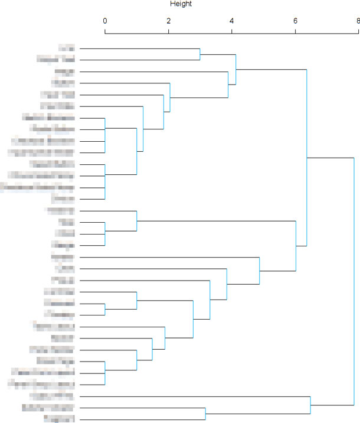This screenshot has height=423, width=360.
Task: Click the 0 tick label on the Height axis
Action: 105,21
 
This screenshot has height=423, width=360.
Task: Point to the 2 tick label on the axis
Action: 168,21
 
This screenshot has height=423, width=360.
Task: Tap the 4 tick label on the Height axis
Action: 232,21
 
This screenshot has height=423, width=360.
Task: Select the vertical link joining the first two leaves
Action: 200,54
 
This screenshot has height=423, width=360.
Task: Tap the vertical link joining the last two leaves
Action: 205,414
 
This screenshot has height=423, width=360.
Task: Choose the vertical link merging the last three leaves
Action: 310,405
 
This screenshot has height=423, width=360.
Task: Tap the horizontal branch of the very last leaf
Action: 142,419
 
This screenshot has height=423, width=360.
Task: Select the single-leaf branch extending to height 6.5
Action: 195,396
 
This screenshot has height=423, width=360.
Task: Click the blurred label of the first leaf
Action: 66,48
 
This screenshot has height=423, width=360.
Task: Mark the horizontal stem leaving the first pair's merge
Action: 218,54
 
